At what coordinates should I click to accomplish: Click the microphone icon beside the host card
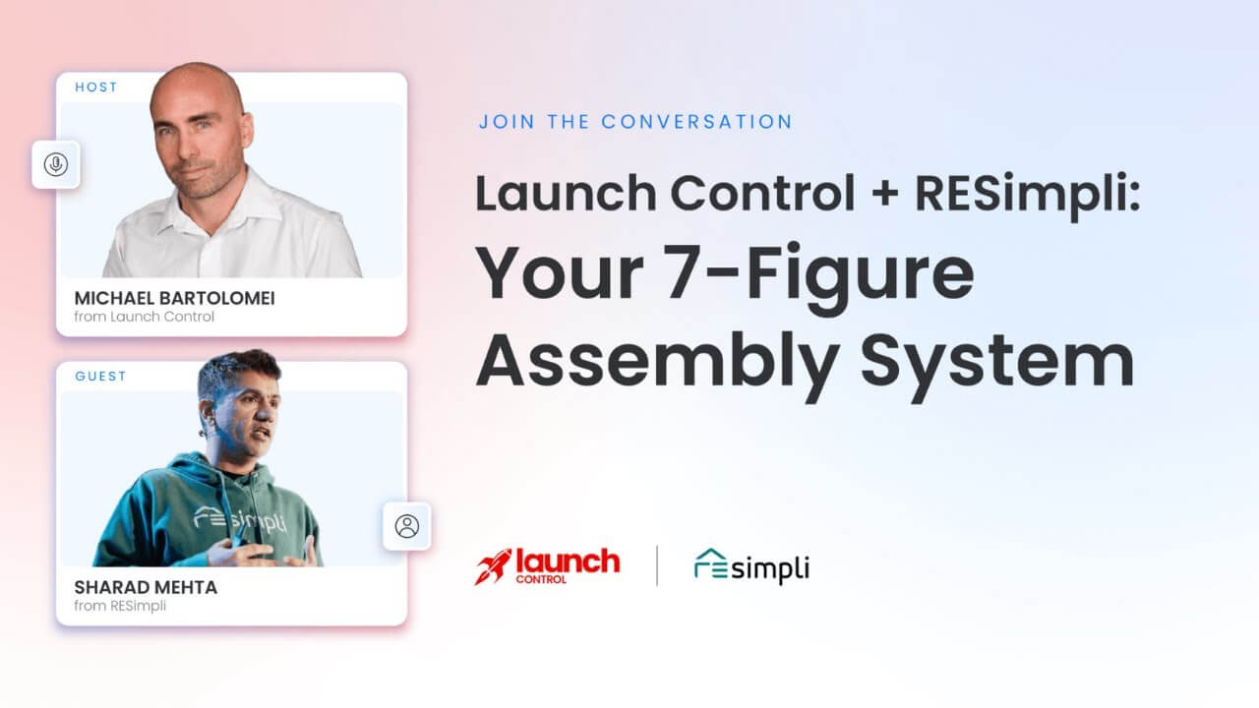pos(56,164)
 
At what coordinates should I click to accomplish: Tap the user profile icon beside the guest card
pos(407,526)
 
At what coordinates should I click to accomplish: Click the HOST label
pos(96,88)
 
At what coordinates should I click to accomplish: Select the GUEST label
pos(100,376)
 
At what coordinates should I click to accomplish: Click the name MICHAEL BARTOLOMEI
pos(174,298)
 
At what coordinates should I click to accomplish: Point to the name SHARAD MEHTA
pos(146,587)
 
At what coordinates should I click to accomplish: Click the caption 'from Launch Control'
pos(144,317)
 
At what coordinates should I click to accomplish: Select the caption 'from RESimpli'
pos(120,606)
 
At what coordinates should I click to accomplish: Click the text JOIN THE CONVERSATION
pos(635,122)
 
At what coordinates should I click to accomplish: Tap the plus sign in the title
pos(884,194)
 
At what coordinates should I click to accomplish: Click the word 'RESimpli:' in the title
pos(1028,194)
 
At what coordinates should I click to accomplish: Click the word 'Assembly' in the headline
pos(658,361)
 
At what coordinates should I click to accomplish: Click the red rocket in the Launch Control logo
pos(494,566)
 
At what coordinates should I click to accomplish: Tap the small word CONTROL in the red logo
pos(541,579)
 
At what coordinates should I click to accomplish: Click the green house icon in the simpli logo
pos(710,563)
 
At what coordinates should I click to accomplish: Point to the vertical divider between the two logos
pos(657,565)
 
